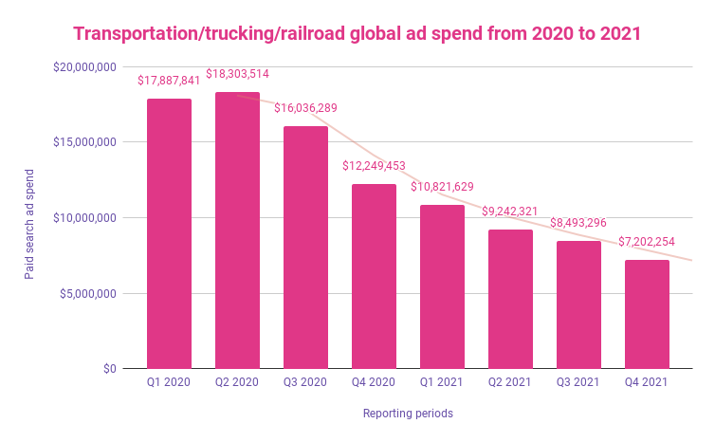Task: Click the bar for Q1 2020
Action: click(169, 233)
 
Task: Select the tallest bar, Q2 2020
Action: click(237, 230)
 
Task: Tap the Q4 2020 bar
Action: click(374, 276)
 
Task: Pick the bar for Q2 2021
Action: click(510, 299)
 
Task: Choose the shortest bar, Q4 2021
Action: click(647, 314)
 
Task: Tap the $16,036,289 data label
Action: click(305, 108)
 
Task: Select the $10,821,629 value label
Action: click(443, 187)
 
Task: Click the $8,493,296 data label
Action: click(579, 223)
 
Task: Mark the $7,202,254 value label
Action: click(648, 242)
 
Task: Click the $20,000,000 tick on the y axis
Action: click(86, 66)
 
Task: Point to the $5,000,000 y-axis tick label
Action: click(89, 293)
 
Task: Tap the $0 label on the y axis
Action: click(109, 369)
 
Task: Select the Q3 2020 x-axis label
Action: click(305, 383)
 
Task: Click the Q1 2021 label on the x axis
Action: click(442, 383)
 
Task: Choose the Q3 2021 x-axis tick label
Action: click(578, 383)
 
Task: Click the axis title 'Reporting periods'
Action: click(408, 414)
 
